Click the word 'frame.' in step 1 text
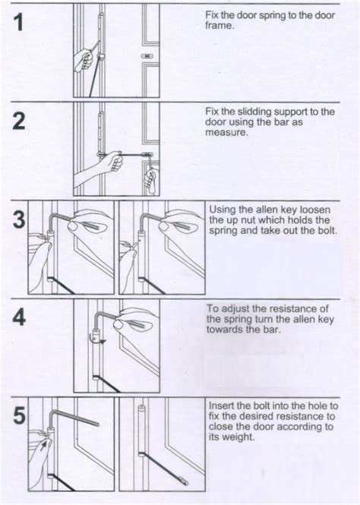click(x=219, y=25)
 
